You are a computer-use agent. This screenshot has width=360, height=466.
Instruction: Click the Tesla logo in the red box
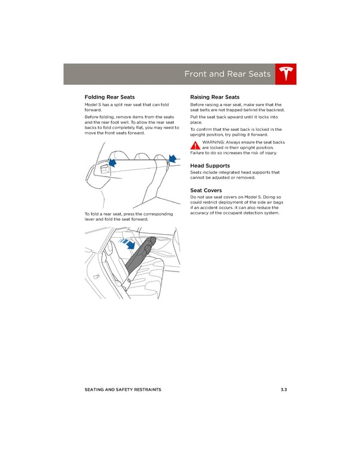[286, 74]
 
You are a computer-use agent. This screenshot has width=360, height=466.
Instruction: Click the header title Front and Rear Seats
[227, 74]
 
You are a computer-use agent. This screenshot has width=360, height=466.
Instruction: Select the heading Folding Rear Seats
[109, 97]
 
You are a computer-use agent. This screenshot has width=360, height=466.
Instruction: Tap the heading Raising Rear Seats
[214, 97]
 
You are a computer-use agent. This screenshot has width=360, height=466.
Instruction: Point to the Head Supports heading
[209, 165]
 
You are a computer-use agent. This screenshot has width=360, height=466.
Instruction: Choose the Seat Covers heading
[205, 190]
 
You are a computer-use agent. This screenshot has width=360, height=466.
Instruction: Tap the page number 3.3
[283, 390]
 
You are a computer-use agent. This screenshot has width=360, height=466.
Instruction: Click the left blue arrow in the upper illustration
[112, 162]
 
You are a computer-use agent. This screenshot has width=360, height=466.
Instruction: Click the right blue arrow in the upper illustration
[173, 159]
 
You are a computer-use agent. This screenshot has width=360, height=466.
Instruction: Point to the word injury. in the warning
[268, 153]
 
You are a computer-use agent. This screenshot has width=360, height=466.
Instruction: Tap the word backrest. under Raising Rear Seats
[272, 110]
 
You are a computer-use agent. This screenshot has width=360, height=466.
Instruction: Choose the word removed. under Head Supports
[245, 178]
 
